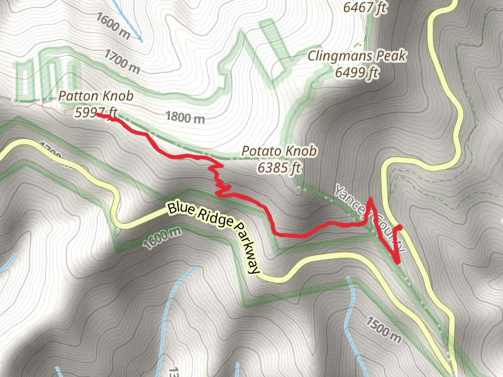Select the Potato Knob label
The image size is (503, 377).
279,152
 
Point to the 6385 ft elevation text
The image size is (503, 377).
279,168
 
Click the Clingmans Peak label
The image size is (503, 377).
357,57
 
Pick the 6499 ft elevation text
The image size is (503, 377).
357,72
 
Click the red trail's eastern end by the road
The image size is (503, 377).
401,226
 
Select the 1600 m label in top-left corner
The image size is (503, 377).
114,25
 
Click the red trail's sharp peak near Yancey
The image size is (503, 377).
370,200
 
